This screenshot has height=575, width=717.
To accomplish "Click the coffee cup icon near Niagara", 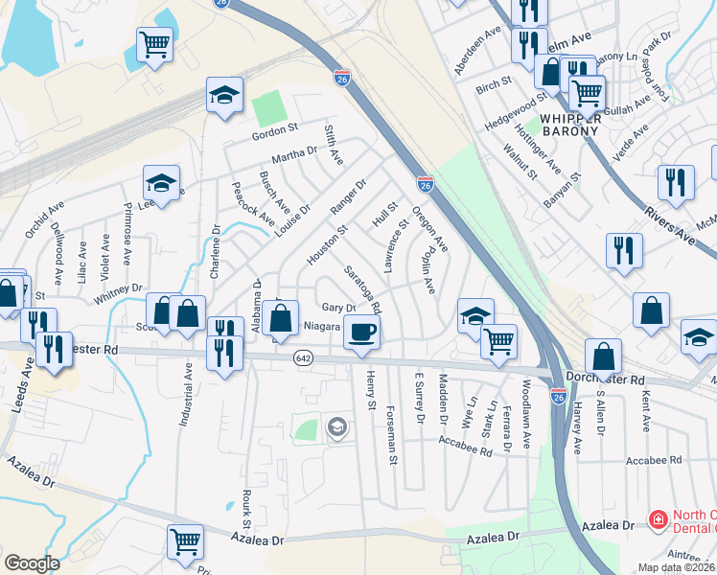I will pyautogui.click(x=361, y=333).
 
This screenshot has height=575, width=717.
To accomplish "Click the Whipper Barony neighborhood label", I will pyautogui.click(x=570, y=119).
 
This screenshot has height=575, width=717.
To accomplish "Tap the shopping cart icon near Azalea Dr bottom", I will pyautogui.click(x=183, y=540).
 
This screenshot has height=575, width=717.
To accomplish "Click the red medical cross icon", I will pyautogui.click(x=658, y=520).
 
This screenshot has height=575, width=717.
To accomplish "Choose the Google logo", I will pyautogui.click(x=32, y=563).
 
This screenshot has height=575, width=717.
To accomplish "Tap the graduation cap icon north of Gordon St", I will pyautogui.click(x=223, y=95).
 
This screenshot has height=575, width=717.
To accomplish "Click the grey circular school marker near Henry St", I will pyautogui.click(x=336, y=426).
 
